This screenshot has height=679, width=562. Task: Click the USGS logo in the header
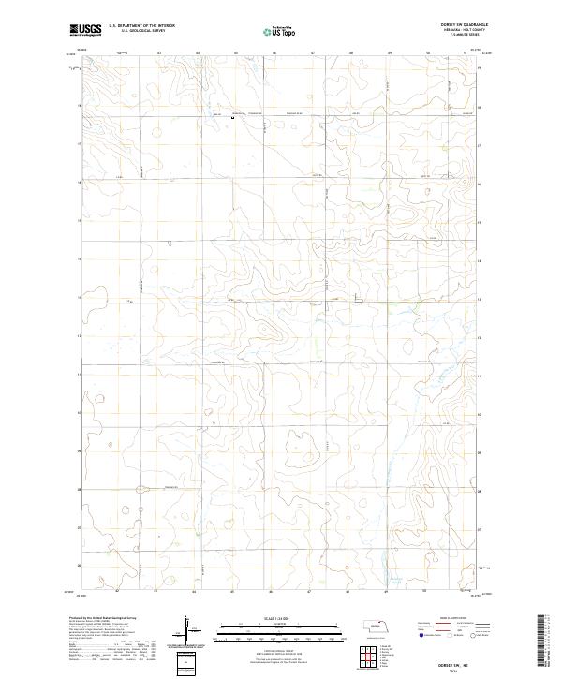click(x=86, y=30)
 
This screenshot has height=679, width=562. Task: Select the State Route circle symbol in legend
click(x=475, y=634)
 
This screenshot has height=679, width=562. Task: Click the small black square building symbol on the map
click(x=232, y=117)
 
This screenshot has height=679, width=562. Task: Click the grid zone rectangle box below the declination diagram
click(x=187, y=663)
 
